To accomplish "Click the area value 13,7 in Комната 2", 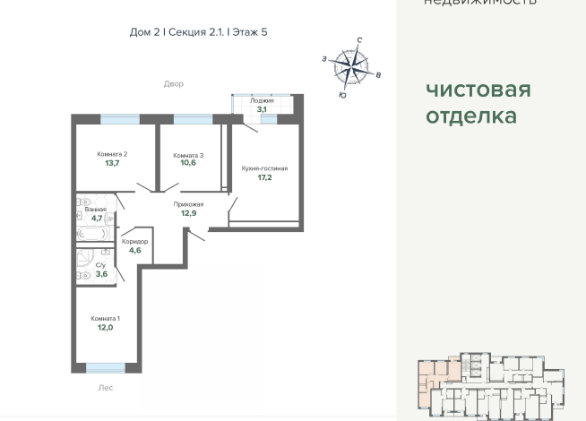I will click(112, 164).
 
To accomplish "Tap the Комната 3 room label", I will click(188, 155).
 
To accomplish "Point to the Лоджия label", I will click(262, 101).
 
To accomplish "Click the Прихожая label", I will click(188, 204).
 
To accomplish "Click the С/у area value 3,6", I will click(100, 274).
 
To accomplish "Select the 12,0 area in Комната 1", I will click(106, 328).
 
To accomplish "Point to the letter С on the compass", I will click(359, 40).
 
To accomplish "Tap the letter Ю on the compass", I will click(342, 93).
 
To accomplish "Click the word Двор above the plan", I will click(173, 84).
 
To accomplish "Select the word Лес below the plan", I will click(106, 389).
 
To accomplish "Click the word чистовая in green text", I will click(478, 90).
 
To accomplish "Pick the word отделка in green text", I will click(470, 116).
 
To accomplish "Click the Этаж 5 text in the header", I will click(250, 32).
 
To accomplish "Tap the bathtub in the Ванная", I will click(93, 234).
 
